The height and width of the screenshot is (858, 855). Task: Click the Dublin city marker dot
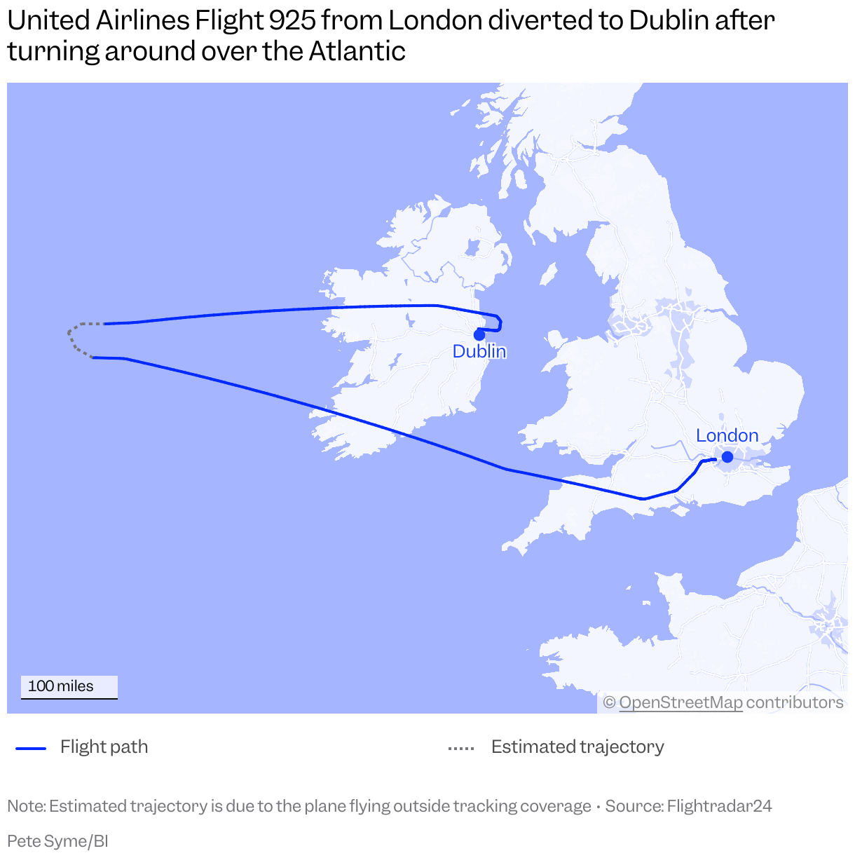(479, 334)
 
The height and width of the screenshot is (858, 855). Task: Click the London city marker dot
(727, 457)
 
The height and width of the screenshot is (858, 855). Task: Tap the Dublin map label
(479, 351)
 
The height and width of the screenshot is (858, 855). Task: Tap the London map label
(727, 435)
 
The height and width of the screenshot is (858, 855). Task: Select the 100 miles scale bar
(69, 687)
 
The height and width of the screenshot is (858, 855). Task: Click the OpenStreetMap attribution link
(680, 702)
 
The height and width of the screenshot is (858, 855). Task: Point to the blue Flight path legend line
(31, 748)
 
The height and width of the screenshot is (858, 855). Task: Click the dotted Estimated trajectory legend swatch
(461, 748)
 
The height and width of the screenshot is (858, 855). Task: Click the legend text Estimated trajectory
(577, 747)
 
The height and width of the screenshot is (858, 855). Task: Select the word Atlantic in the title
(357, 52)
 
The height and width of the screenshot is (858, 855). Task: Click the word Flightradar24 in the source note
(719, 806)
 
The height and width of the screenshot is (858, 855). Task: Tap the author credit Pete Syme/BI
(57, 841)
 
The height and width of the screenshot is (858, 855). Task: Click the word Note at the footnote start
(25, 806)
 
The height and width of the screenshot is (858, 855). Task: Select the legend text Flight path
(104, 747)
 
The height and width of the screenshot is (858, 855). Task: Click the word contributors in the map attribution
(795, 702)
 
